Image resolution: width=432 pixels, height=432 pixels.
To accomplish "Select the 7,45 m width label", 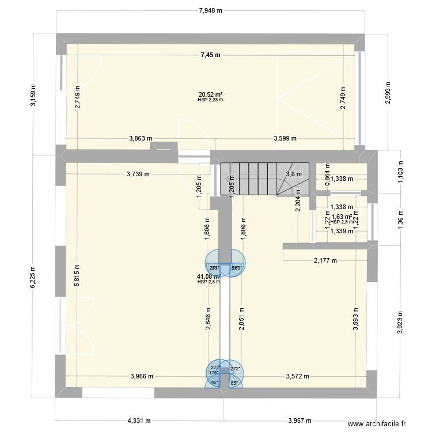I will point(211,55).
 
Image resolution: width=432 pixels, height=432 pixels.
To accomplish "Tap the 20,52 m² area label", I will point(210,94).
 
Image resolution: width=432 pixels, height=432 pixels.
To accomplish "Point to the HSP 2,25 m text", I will point(210,100).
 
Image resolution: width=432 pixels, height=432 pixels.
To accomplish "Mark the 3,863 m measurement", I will point(141,138).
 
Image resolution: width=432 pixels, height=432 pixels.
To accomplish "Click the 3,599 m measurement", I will point(285,138).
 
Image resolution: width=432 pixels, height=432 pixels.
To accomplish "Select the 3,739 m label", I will point(137,174).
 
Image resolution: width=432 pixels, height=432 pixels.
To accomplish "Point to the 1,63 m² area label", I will point(342,217).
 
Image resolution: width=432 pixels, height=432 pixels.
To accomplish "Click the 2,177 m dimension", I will point(325,260).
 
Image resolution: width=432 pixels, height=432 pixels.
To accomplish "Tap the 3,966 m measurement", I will point(141,377).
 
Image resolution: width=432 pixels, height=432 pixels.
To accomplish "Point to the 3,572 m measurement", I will point(298,377).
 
